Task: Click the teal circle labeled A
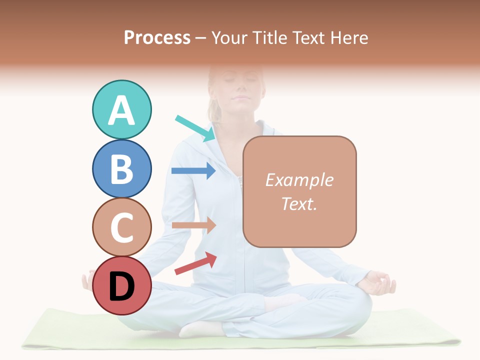click(121, 109)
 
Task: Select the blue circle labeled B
click(121, 168)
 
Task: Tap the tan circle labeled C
click(121, 227)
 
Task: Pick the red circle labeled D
click(121, 286)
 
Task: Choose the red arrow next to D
click(195, 263)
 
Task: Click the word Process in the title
click(157, 37)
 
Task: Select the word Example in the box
click(299, 180)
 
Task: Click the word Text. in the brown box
click(299, 203)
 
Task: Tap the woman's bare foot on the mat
click(200, 328)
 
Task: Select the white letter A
click(121, 110)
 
